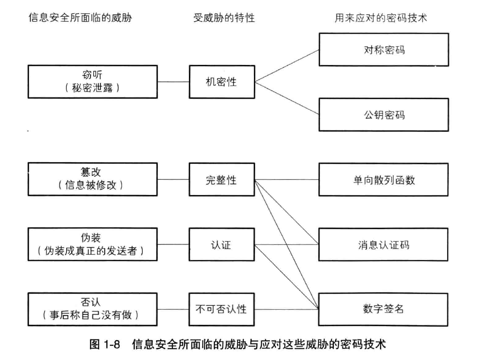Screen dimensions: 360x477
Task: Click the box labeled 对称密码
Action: [x=383, y=50]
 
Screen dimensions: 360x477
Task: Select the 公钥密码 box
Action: [x=383, y=115]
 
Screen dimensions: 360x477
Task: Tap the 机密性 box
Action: [x=221, y=82]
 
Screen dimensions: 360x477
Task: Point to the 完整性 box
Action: [x=221, y=180]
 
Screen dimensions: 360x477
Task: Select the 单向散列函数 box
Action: [x=383, y=180]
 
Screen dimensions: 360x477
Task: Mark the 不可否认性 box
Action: [x=221, y=309]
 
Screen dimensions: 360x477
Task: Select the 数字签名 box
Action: [x=383, y=309]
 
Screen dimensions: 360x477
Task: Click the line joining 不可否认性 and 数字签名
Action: [x=286, y=309]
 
